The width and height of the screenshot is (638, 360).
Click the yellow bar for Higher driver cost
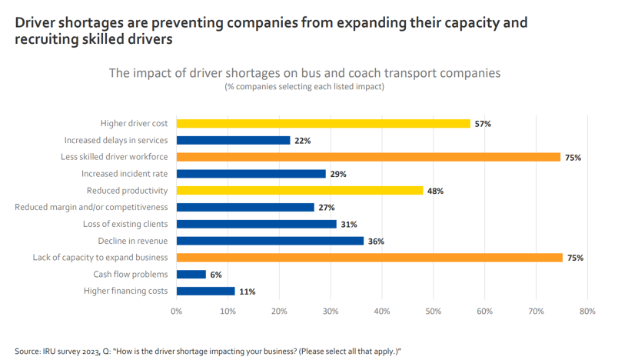point(323,123)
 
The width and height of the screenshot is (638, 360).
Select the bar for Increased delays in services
point(233,140)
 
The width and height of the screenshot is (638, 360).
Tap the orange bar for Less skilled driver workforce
point(368,157)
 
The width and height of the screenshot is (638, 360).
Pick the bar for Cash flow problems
point(191,275)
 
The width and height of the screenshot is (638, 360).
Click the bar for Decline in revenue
point(270,241)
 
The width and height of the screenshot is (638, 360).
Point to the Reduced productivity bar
point(300,191)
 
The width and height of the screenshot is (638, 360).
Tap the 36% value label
point(376,242)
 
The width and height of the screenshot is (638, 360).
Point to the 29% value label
point(338,174)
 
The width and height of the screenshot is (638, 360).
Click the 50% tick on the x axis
point(433,312)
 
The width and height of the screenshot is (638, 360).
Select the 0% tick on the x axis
point(176,312)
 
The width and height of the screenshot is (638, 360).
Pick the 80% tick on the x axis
point(587,312)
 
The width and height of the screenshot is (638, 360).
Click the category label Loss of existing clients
point(125,224)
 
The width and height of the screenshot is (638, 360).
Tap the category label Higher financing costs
point(126,292)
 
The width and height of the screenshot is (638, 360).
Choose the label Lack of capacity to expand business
point(101,258)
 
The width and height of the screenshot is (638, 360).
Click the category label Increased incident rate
point(125,174)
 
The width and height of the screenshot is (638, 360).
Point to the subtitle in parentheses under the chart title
point(304,87)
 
